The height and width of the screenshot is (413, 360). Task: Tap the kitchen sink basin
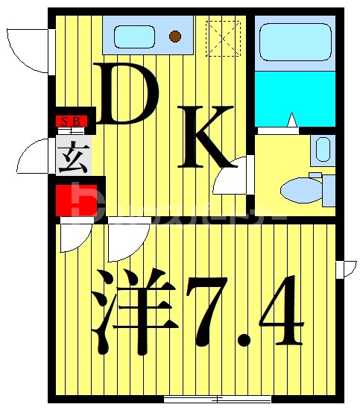pyautogui.click(x=134, y=35)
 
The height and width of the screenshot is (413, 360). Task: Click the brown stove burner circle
pyautogui.click(x=176, y=35)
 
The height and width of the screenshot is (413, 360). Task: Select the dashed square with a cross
pyautogui.click(x=224, y=38)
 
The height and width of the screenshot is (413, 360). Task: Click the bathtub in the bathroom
pyautogui.click(x=293, y=44)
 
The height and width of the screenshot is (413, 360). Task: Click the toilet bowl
pyautogui.click(x=302, y=189)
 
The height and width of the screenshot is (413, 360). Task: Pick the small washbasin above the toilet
pyautogui.click(x=323, y=149)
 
